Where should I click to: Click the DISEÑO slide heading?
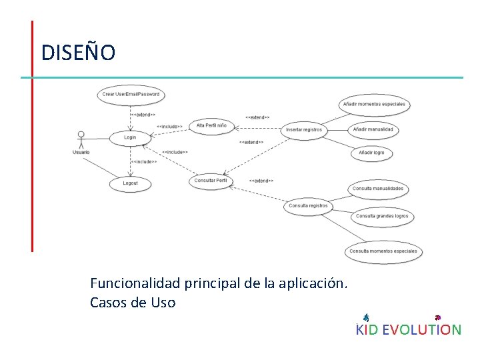pos(78,52)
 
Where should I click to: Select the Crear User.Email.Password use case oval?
pos(131,95)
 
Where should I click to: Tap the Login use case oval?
pos(130,137)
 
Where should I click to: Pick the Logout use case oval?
pos(131,183)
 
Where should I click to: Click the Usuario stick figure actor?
pos(81,138)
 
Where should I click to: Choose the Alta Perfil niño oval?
pos(211,125)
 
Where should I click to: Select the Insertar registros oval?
pos(303,129)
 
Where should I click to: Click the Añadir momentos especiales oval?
pos(374,104)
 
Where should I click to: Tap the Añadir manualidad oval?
pos(373,129)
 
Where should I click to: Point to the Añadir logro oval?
pos(371,153)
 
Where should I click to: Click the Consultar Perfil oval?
pos(211,181)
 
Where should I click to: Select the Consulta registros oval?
pos(308,206)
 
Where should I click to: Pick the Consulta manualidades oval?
pos(377,189)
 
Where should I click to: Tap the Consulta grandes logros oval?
pos(381,216)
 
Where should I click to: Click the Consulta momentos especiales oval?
pos(383,251)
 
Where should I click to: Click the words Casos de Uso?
pos(133,303)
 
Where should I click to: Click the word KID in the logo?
pos(367,329)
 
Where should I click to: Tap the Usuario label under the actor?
pos(81,153)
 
